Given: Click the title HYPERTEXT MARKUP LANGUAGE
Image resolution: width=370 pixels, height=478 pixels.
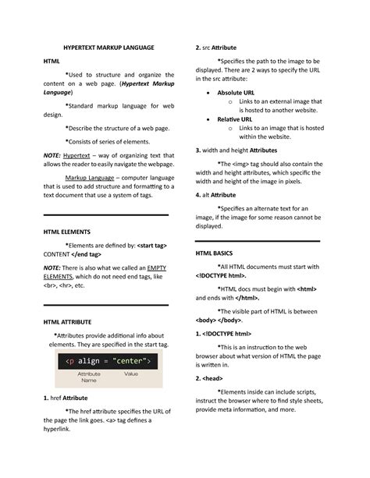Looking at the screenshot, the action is point(109,48).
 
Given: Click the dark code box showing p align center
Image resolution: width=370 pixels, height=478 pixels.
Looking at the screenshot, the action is point(109,361).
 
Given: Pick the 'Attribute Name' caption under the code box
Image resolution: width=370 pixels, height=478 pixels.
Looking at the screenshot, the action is point(89,377).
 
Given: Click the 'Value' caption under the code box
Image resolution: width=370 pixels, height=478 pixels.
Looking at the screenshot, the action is point(131,374).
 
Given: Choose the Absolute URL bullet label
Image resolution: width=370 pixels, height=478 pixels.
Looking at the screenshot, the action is point(236,92).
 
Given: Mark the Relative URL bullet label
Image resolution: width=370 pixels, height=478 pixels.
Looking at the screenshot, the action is point(234,119).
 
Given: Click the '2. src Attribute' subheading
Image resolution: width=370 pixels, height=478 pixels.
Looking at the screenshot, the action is point(215,48).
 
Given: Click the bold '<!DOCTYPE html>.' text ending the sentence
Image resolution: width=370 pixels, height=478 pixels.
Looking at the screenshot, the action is point(221,276).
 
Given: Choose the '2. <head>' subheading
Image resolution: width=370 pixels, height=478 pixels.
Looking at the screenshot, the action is point(210,378).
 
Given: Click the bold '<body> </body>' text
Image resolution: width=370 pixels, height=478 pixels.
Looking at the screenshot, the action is point(220,320).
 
